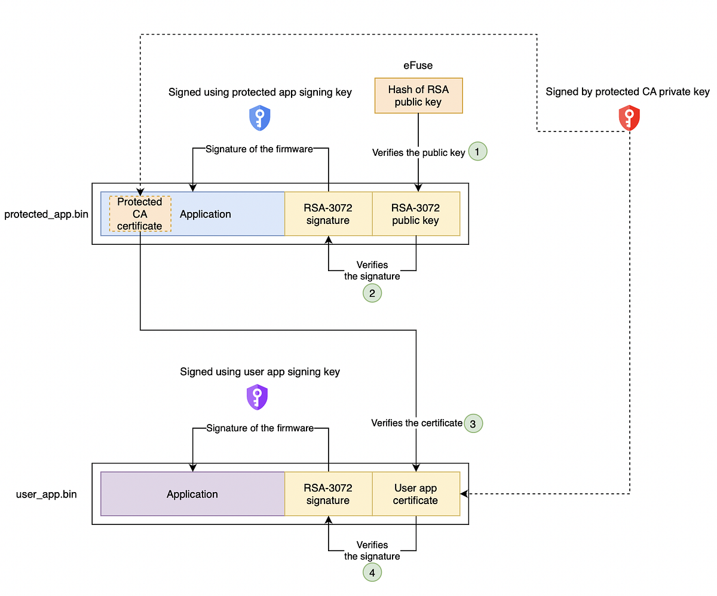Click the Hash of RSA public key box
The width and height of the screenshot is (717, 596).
(418, 96)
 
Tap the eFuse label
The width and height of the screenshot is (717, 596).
(418, 66)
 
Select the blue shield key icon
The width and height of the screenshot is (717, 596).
(259, 118)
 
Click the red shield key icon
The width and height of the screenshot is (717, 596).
(629, 118)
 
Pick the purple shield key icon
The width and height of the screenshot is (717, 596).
(257, 397)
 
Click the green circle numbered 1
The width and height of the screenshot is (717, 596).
(478, 152)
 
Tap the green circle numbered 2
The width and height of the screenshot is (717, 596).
(372, 293)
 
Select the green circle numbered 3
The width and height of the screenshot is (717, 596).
(473, 423)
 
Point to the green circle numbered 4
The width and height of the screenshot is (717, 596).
(372, 572)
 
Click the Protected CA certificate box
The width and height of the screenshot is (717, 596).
(140, 214)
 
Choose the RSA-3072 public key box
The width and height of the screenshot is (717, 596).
(416, 214)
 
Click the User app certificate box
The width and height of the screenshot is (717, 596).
(416, 494)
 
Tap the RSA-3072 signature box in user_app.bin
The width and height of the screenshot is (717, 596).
(328, 494)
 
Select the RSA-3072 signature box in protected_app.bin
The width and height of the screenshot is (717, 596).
(328, 214)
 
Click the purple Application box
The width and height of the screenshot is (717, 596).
(192, 494)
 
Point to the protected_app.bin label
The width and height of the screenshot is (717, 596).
(47, 214)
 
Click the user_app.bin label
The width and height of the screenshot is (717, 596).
(47, 494)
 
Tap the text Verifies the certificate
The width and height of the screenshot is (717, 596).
(416, 423)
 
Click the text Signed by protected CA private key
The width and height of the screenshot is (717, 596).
(627, 92)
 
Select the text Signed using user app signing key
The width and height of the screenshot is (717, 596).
(260, 371)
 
